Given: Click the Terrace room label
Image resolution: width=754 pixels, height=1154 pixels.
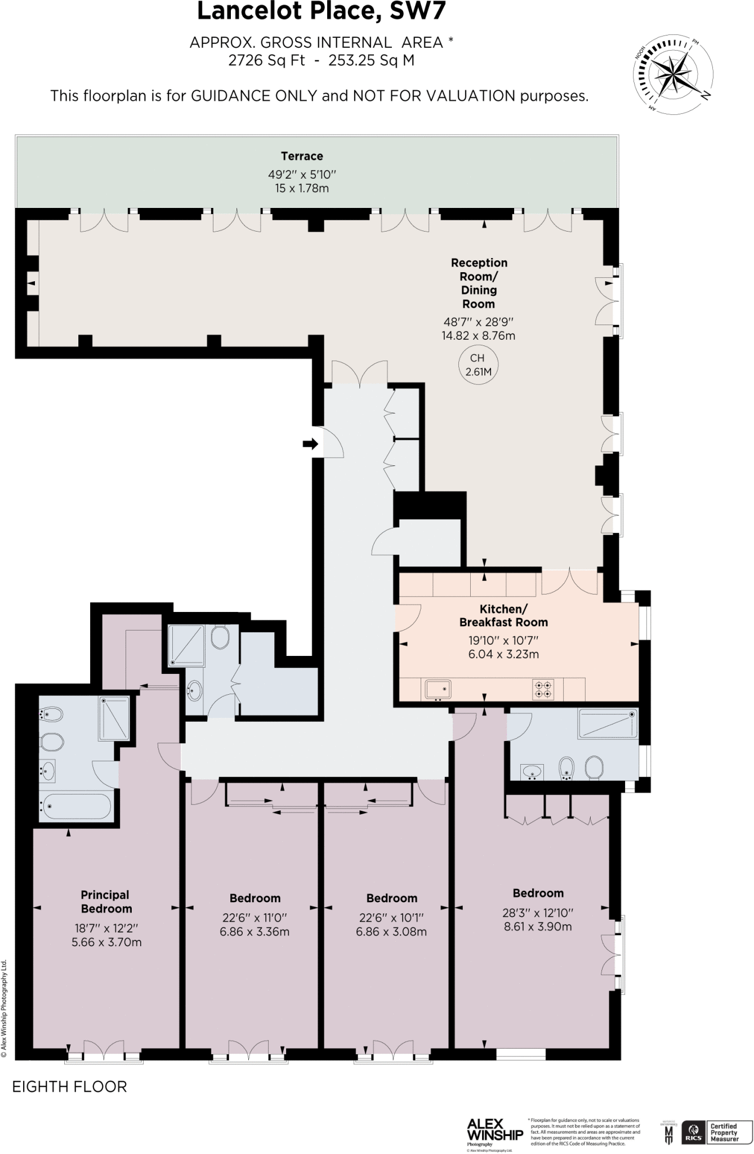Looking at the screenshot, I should click(x=302, y=156).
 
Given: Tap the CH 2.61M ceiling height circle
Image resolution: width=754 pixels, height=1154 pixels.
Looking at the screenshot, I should click(x=477, y=365).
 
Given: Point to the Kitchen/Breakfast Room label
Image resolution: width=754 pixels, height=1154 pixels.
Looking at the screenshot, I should click(x=503, y=615).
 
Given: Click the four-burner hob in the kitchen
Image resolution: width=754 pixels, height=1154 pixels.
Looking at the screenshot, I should click(x=543, y=689).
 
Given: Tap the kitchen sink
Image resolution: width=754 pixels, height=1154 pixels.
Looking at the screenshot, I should click(x=438, y=689).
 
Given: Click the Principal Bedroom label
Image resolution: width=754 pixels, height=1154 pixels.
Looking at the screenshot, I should click(x=106, y=902).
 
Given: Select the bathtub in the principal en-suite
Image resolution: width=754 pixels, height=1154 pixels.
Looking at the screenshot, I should click(x=76, y=807).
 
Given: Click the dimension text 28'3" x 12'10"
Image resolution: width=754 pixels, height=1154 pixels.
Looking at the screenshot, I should click(x=537, y=913).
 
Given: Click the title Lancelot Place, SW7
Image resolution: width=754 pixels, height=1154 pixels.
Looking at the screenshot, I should click(x=321, y=12).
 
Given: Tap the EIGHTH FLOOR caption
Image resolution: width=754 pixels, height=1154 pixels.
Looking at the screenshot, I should click(x=70, y=1086).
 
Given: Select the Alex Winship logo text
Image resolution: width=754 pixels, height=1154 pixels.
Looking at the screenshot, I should click(x=495, y=1129).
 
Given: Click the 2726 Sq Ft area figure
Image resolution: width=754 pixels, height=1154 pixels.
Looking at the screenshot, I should click(x=266, y=60).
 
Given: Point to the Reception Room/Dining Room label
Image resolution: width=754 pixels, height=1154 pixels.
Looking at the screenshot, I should click(x=479, y=283).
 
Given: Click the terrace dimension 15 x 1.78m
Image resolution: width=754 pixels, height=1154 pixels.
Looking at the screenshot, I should click(x=302, y=188).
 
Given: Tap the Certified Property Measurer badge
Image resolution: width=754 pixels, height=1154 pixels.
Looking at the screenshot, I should click(x=724, y=1132).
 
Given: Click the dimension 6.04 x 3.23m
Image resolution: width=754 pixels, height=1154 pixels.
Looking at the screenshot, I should click(x=503, y=654).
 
